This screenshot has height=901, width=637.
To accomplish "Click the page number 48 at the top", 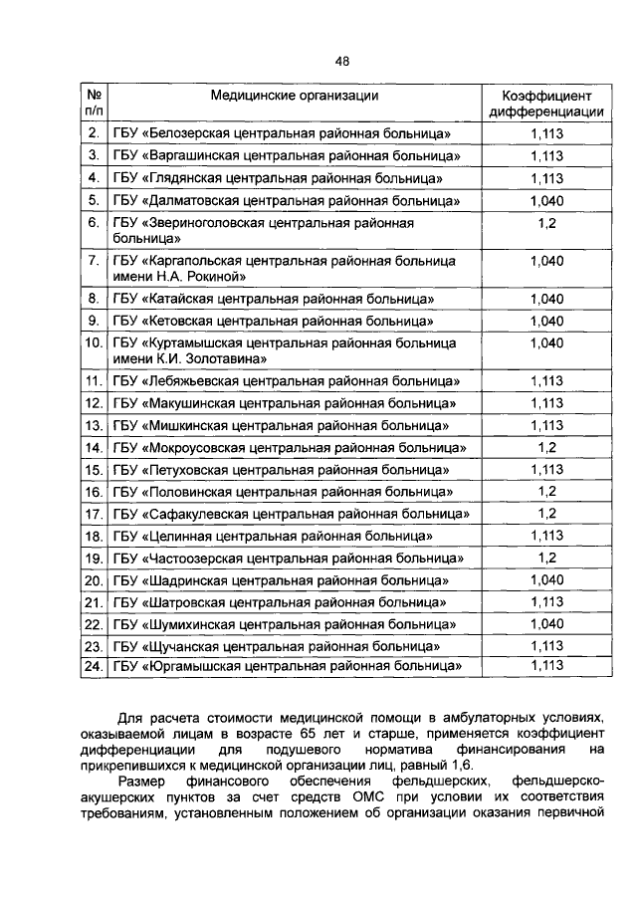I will [341, 61].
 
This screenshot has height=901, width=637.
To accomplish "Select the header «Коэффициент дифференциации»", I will [546, 105].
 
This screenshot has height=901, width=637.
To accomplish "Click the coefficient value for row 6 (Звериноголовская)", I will [546, 224].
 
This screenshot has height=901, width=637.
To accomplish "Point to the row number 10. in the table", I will [94, 343].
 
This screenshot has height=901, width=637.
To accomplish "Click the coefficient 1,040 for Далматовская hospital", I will [546, 201].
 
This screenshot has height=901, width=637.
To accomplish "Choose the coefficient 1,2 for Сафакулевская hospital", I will [546, 514].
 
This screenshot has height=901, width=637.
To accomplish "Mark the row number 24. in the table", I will [94, 666].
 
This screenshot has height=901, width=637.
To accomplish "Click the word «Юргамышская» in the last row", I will [193, 666].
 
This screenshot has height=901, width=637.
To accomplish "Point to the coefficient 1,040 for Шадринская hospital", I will [546, 579].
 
